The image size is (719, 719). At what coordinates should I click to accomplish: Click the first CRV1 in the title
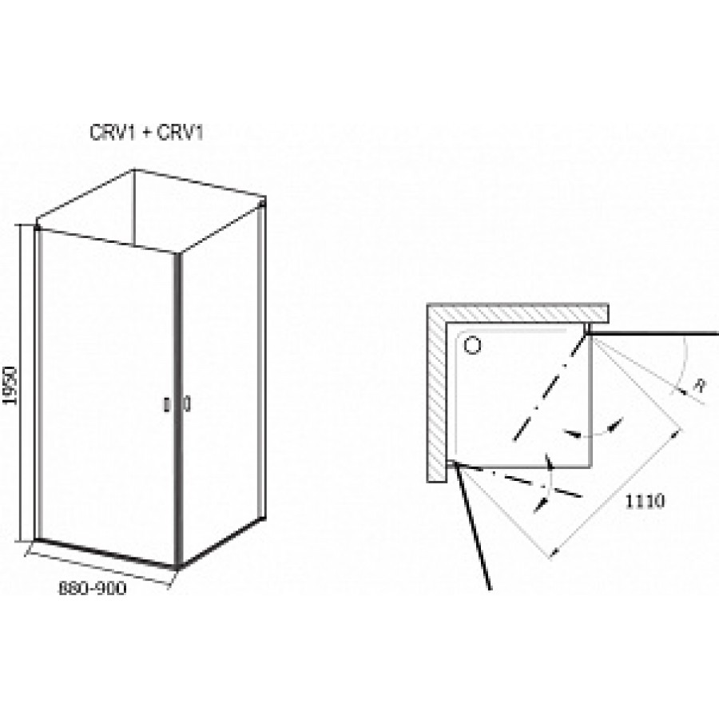(x=113, y=133)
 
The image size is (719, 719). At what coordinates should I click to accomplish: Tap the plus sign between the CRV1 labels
(x=146, y=133)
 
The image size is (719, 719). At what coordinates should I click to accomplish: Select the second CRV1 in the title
(x=180, y=133)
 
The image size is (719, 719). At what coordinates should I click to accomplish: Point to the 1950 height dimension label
(x=10, y=385)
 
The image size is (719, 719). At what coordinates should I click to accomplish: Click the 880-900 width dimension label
(x=92, y=588)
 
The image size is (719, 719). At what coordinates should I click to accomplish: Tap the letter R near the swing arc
(x=699, y=385)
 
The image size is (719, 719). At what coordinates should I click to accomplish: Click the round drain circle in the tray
(x=472, y=345)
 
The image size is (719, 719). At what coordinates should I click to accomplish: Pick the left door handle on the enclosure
(x=168, y=405)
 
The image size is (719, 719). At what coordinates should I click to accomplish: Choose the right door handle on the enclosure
(x=187, y=404)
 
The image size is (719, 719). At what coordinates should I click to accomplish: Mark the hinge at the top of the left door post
(x=37, y=227)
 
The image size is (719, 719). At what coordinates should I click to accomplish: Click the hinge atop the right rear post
(x=262, y=202)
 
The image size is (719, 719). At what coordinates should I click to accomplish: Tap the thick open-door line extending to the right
(x=652, y=333)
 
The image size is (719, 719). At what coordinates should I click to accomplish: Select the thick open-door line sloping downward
(x=473, y=526)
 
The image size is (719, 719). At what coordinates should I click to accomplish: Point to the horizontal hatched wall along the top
(x=518, y=313)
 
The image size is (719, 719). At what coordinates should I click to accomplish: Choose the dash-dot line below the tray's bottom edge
(x=519, y=481)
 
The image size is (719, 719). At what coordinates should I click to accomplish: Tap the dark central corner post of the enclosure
(x=178, y=411)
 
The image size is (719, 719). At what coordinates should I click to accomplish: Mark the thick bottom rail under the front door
(x=105, y=554)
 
